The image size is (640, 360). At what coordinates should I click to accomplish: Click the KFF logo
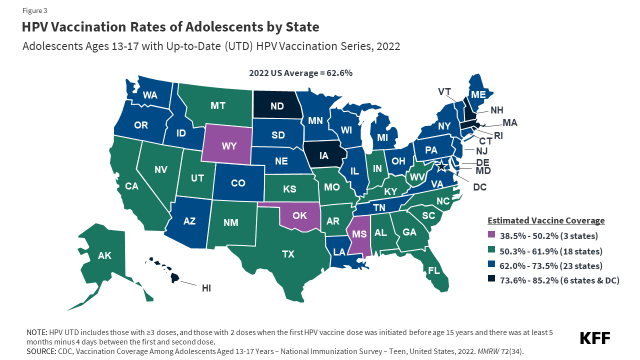[594, 338]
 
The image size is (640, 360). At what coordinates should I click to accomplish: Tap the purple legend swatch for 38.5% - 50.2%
[491, 236]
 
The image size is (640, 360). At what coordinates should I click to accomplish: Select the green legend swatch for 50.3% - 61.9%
[491, 251]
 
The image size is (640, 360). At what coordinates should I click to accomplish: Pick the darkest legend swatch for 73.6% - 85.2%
[491, 280]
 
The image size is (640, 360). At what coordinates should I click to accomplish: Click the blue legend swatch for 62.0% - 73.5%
[491, 266]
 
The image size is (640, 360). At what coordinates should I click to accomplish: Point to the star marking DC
[442, 165]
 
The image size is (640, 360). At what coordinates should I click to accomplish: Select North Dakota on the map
[277, 106]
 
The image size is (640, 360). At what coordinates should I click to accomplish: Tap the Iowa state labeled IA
[324, 155]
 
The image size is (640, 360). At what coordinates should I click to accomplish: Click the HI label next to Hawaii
[206, 288]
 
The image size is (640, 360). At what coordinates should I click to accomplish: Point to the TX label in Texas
[288, 254]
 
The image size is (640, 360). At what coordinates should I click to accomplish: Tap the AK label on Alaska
[104, 256]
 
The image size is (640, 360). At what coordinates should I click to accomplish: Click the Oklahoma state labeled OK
[300, 215]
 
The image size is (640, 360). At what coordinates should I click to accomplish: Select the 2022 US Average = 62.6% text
[300, 73]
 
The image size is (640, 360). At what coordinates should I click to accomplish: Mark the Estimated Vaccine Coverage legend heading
[546, 220]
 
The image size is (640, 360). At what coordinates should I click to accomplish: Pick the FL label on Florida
[434, 270]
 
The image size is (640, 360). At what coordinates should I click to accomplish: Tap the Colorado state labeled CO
[238, 183]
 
